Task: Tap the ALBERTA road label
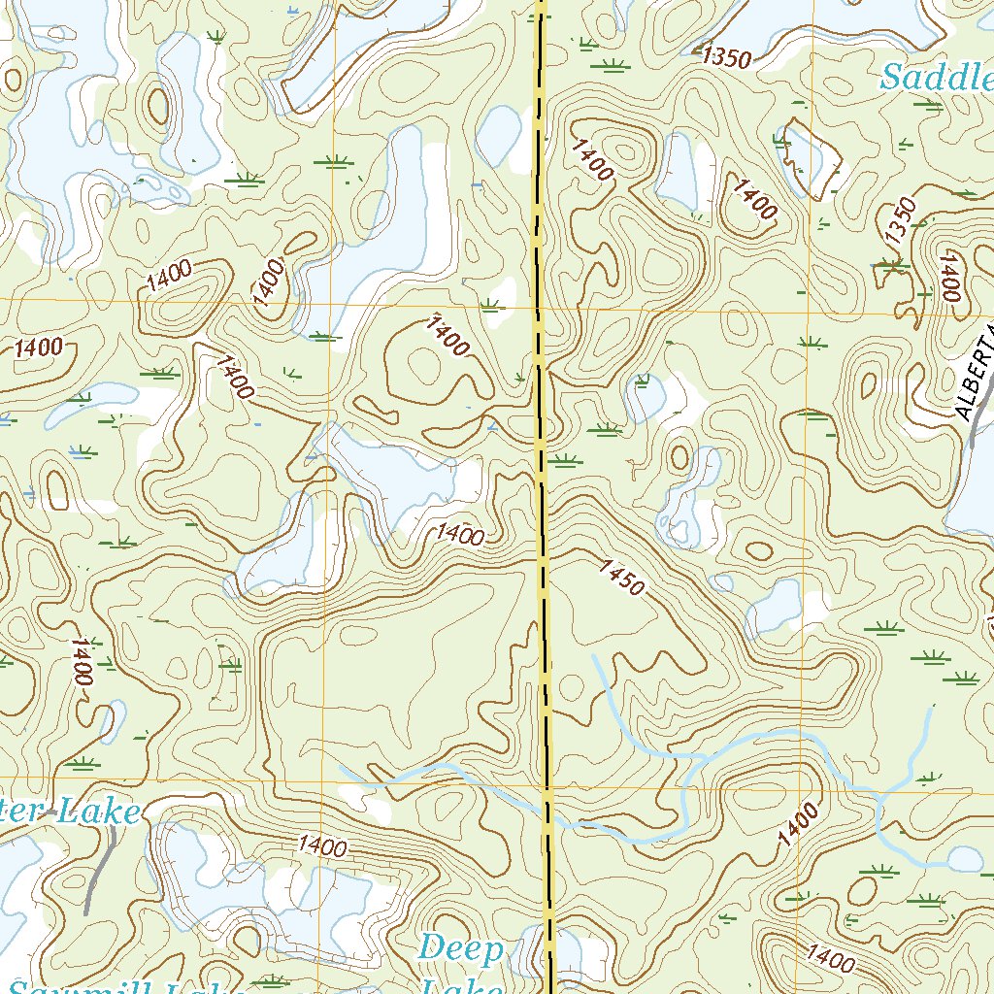[x=976, y=374]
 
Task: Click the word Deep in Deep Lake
[x=462, y=949]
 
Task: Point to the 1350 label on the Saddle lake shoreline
[x=726, y=57]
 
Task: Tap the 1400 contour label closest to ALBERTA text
[x=948, y=276]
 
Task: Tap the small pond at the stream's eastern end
[x=965, y=859]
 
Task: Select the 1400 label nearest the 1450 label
[x=459, y=533]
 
